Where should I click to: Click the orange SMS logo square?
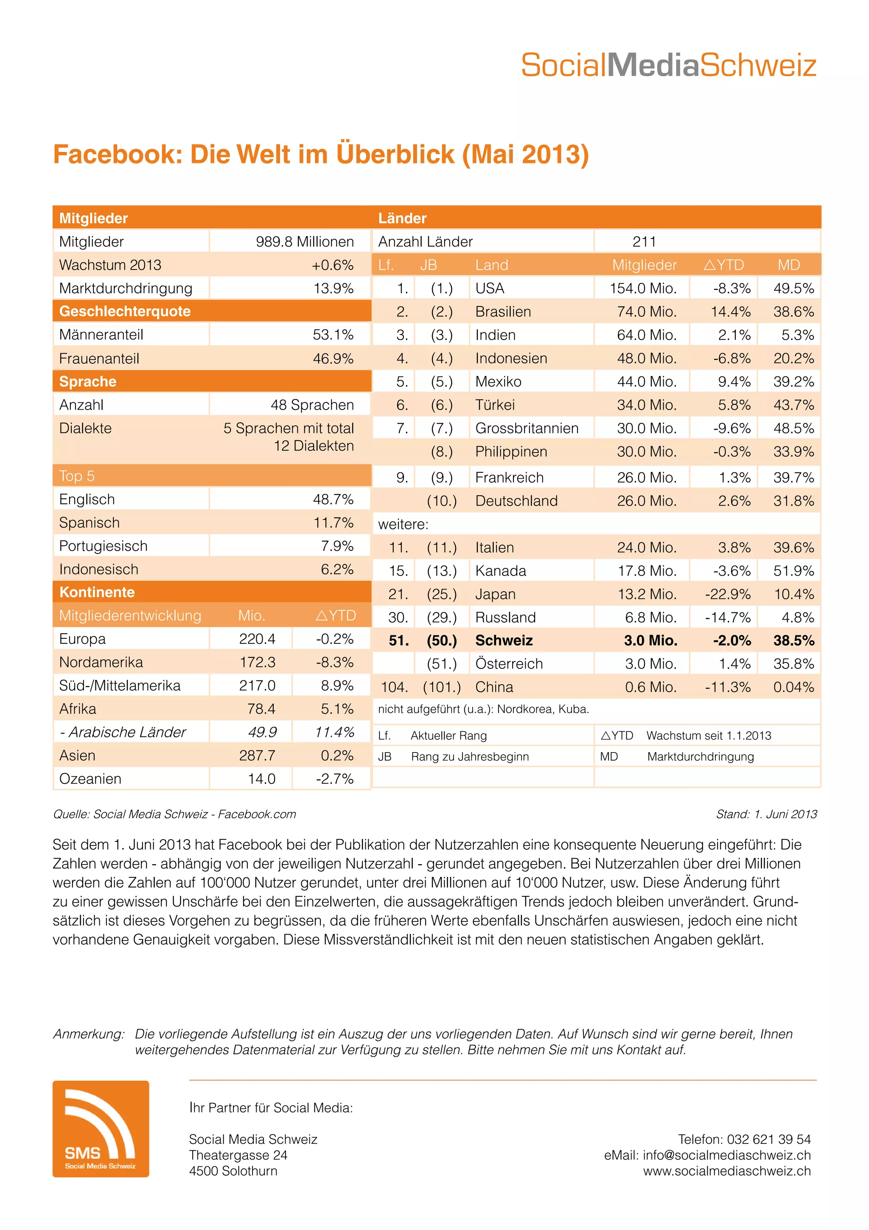click(x=101, y=1128)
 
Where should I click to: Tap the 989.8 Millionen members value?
click(x=305, y=242)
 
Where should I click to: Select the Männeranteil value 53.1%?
click(x=333, y=335)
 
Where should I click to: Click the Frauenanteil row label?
click(x=99, y=358)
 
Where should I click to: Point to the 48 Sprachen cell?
click(x=312, y=404)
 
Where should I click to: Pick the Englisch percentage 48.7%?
click(x=333, y=499)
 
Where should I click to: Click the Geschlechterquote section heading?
click(x=125, y=311)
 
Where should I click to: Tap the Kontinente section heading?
click(x=97, y=592)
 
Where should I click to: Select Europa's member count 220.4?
click(x=257, y=639)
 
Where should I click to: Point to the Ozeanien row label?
click(x=90, y=778)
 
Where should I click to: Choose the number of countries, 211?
click(x=644, y=242)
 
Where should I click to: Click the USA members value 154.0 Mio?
click(x=643, y=288)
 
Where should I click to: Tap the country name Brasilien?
click(x=503, y=312)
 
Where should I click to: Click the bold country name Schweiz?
click(x=504, y=641)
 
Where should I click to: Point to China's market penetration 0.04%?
click(x=793, y=687)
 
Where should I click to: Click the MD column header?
click(x=789, y=265)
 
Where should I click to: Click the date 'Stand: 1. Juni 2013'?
click(x=766, y=814)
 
